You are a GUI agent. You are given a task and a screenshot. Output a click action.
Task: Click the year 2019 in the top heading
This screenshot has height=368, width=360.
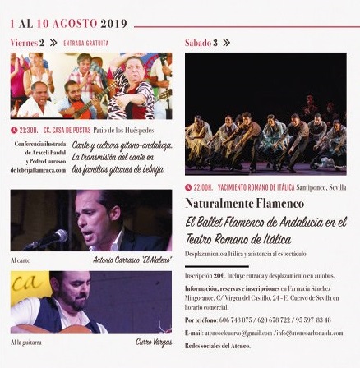click(x=113, y=24)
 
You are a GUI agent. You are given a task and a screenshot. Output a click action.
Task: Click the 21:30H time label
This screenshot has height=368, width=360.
click(x=28, y=129)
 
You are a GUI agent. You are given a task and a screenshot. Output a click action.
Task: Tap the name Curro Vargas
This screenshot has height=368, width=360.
click(x=154, y=342)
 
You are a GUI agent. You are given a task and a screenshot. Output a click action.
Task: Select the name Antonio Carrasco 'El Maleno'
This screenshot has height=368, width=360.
click(x=134, y=260)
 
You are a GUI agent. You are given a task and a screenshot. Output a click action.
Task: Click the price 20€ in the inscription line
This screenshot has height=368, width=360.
click(x=219, y=275)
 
